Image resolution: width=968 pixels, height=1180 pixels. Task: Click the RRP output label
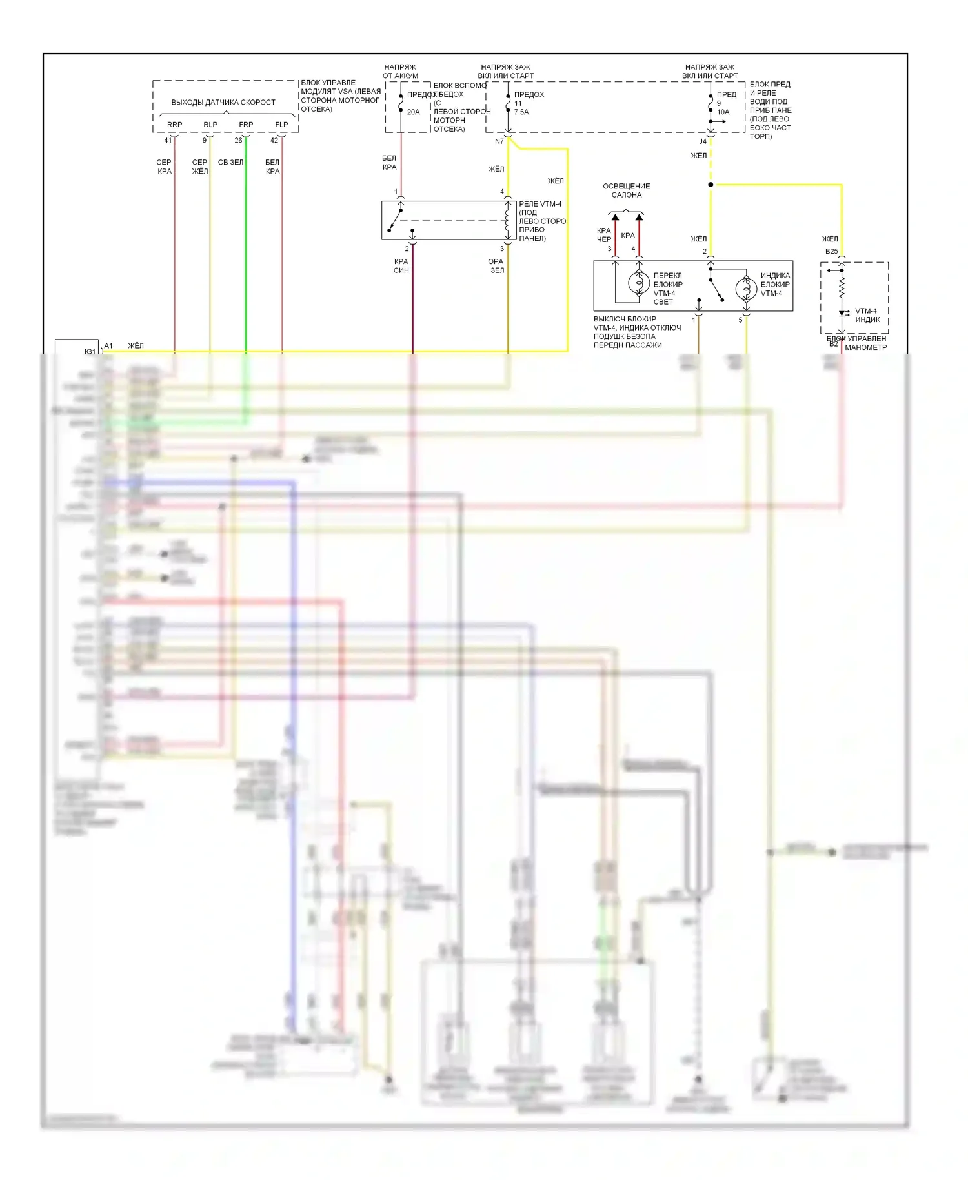pos(174,125)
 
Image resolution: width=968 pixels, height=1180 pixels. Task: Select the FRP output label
pos(246,125)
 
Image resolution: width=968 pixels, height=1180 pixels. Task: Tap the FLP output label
pos(281,125)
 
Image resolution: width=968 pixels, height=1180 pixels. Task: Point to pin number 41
pos(168,140)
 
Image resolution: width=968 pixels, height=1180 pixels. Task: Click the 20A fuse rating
pos(413,112)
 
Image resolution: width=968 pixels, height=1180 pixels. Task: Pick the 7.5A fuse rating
pos(521,112)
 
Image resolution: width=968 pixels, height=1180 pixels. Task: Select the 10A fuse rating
pos(723,112)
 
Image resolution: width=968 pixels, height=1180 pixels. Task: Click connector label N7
pos(499,141)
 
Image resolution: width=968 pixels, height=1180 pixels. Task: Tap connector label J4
pos(703,141)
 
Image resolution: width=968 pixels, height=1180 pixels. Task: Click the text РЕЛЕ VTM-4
pos(540,204)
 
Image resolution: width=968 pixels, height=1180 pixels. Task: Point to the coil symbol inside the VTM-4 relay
pos(507,219)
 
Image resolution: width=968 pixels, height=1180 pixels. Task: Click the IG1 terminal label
pos(90,351)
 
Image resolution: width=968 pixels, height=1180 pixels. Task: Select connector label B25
pos(831,251)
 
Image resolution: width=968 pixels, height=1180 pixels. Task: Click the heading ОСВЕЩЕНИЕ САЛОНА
pos(626,190)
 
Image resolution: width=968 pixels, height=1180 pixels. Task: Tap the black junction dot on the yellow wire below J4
pos(711,185)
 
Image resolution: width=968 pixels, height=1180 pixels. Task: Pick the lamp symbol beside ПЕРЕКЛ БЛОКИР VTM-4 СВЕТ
pos(639,283)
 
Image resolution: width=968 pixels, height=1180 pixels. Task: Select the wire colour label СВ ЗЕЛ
pos(230,162)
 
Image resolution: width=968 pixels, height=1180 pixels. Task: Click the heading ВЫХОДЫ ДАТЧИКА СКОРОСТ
pos(223,102)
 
